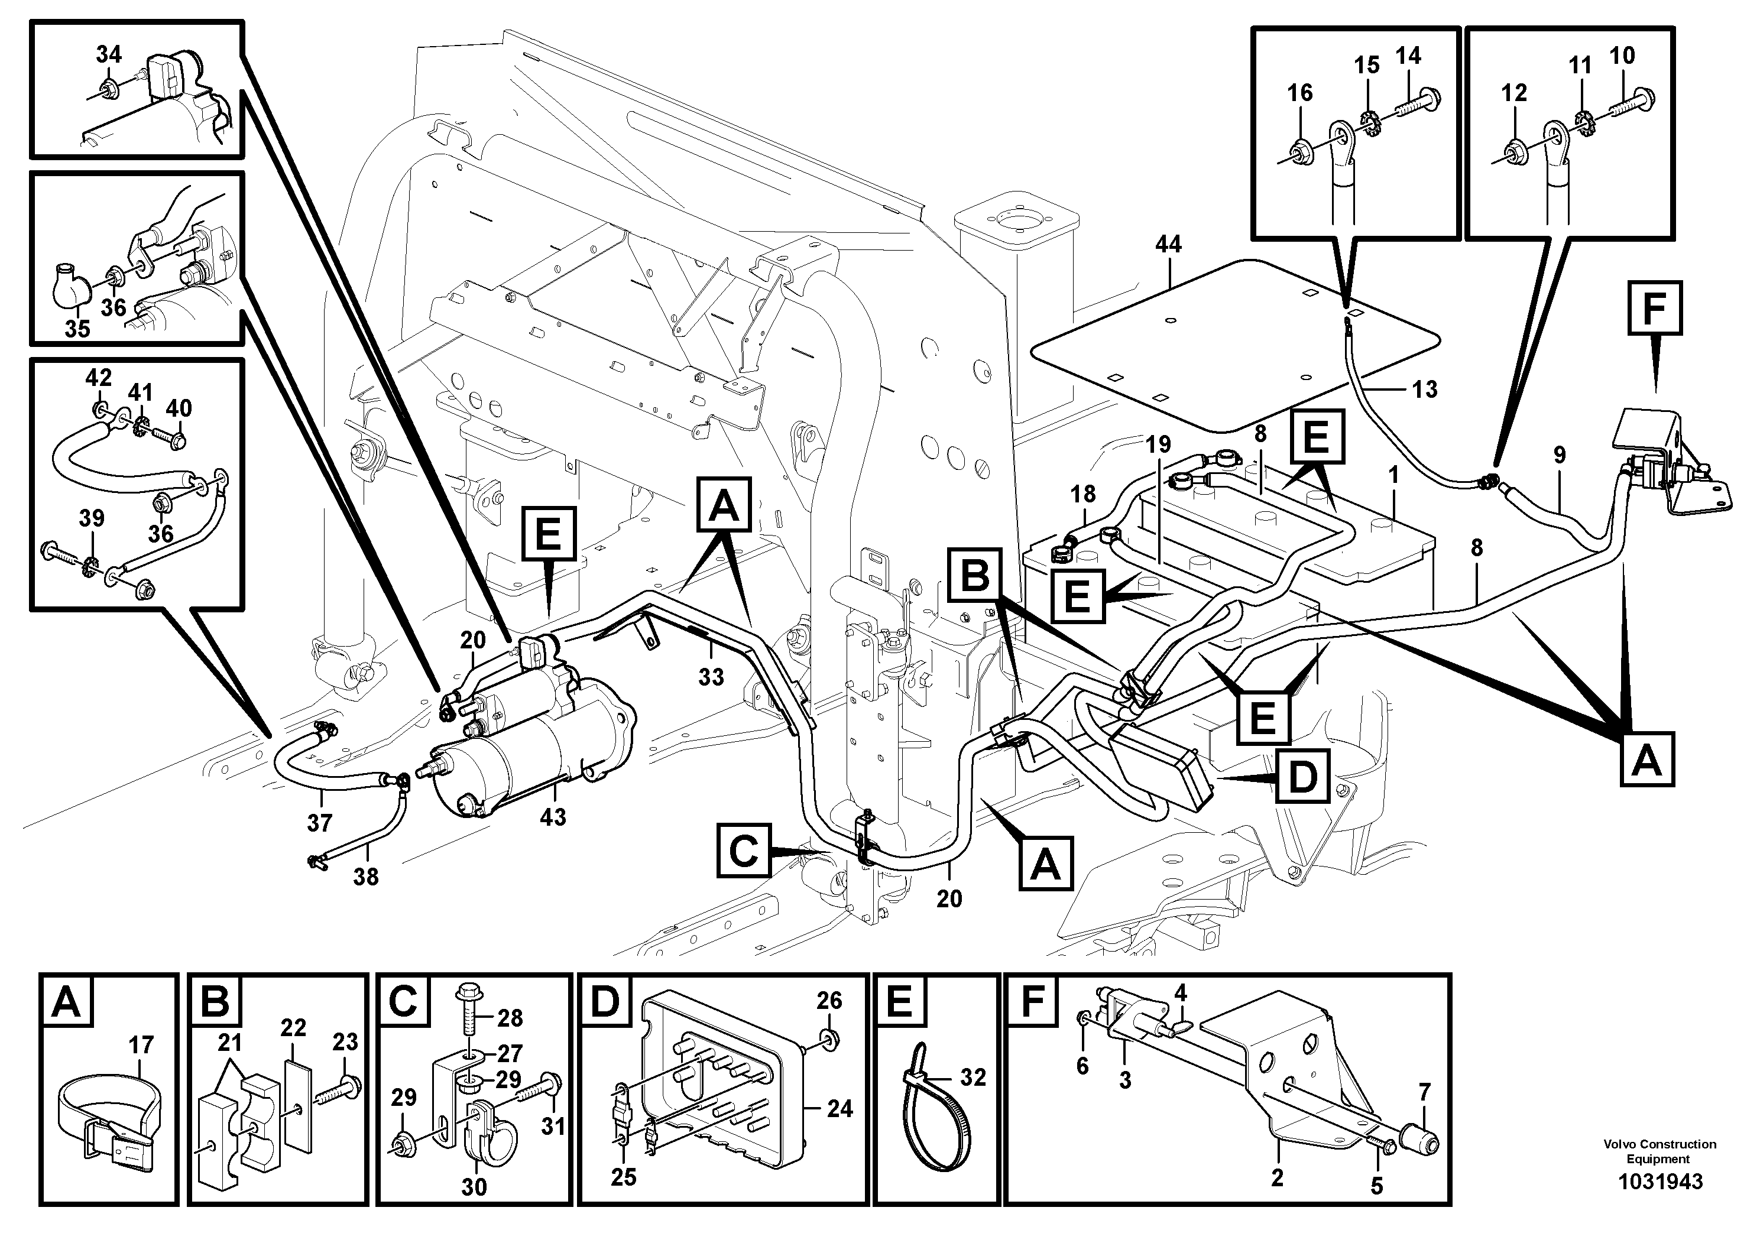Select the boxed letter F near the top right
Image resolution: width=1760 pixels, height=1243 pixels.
tap(1654, 308)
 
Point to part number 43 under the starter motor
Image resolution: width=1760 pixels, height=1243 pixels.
tap(553, 817)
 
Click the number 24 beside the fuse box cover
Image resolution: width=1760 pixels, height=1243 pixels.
tap(840, 1109)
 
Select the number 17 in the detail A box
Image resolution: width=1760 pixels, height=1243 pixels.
tap(141, 1044)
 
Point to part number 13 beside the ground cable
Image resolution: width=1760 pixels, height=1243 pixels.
tap(1424, 390)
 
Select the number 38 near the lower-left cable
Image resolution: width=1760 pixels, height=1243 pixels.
tap(365, 877)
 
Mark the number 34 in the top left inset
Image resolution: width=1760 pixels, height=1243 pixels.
tap(108, 54)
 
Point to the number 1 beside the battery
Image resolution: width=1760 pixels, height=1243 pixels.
tap(1393, 475)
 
